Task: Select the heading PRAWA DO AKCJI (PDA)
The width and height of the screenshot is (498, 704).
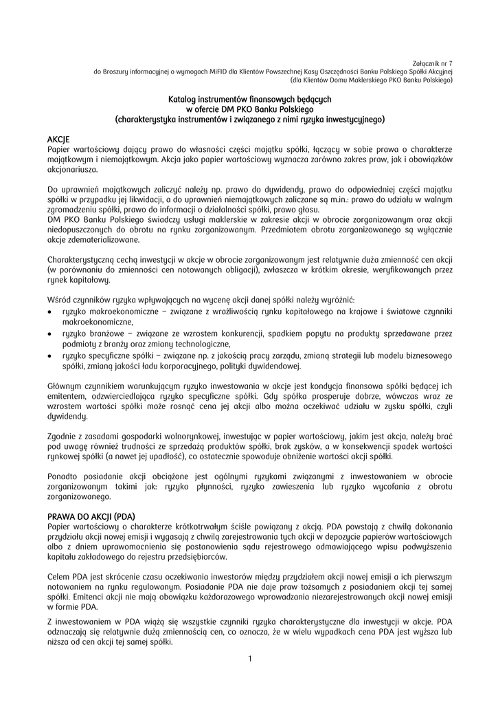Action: (x=91, y=516)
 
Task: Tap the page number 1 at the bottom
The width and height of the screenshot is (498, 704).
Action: (x=250, y=659)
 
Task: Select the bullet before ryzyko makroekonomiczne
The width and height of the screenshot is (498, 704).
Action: (x=50, y=312)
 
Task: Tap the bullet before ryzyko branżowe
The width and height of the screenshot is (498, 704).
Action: (x=50, y=333)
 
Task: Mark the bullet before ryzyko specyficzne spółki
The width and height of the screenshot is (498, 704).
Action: (x=50, y=355)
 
